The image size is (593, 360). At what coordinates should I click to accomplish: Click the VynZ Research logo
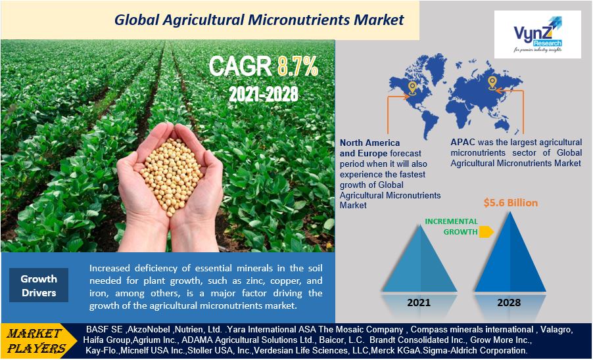(537, 34)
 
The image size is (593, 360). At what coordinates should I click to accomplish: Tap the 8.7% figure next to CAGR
(298, 66)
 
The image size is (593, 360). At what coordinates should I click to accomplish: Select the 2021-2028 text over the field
(264, 94)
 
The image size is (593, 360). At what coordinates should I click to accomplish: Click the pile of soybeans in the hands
(171, 175)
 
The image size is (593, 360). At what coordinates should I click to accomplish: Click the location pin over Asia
(492, 83)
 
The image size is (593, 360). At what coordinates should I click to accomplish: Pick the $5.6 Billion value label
(511, 203)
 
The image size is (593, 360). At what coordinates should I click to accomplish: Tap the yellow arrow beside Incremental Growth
(486, 231)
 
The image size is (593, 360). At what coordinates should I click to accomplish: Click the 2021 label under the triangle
(419, 303)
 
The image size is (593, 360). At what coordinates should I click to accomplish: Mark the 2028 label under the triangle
(509, 303)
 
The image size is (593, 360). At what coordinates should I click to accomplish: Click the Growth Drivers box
(39, 285)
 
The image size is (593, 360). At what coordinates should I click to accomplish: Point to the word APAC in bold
(463, 143)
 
